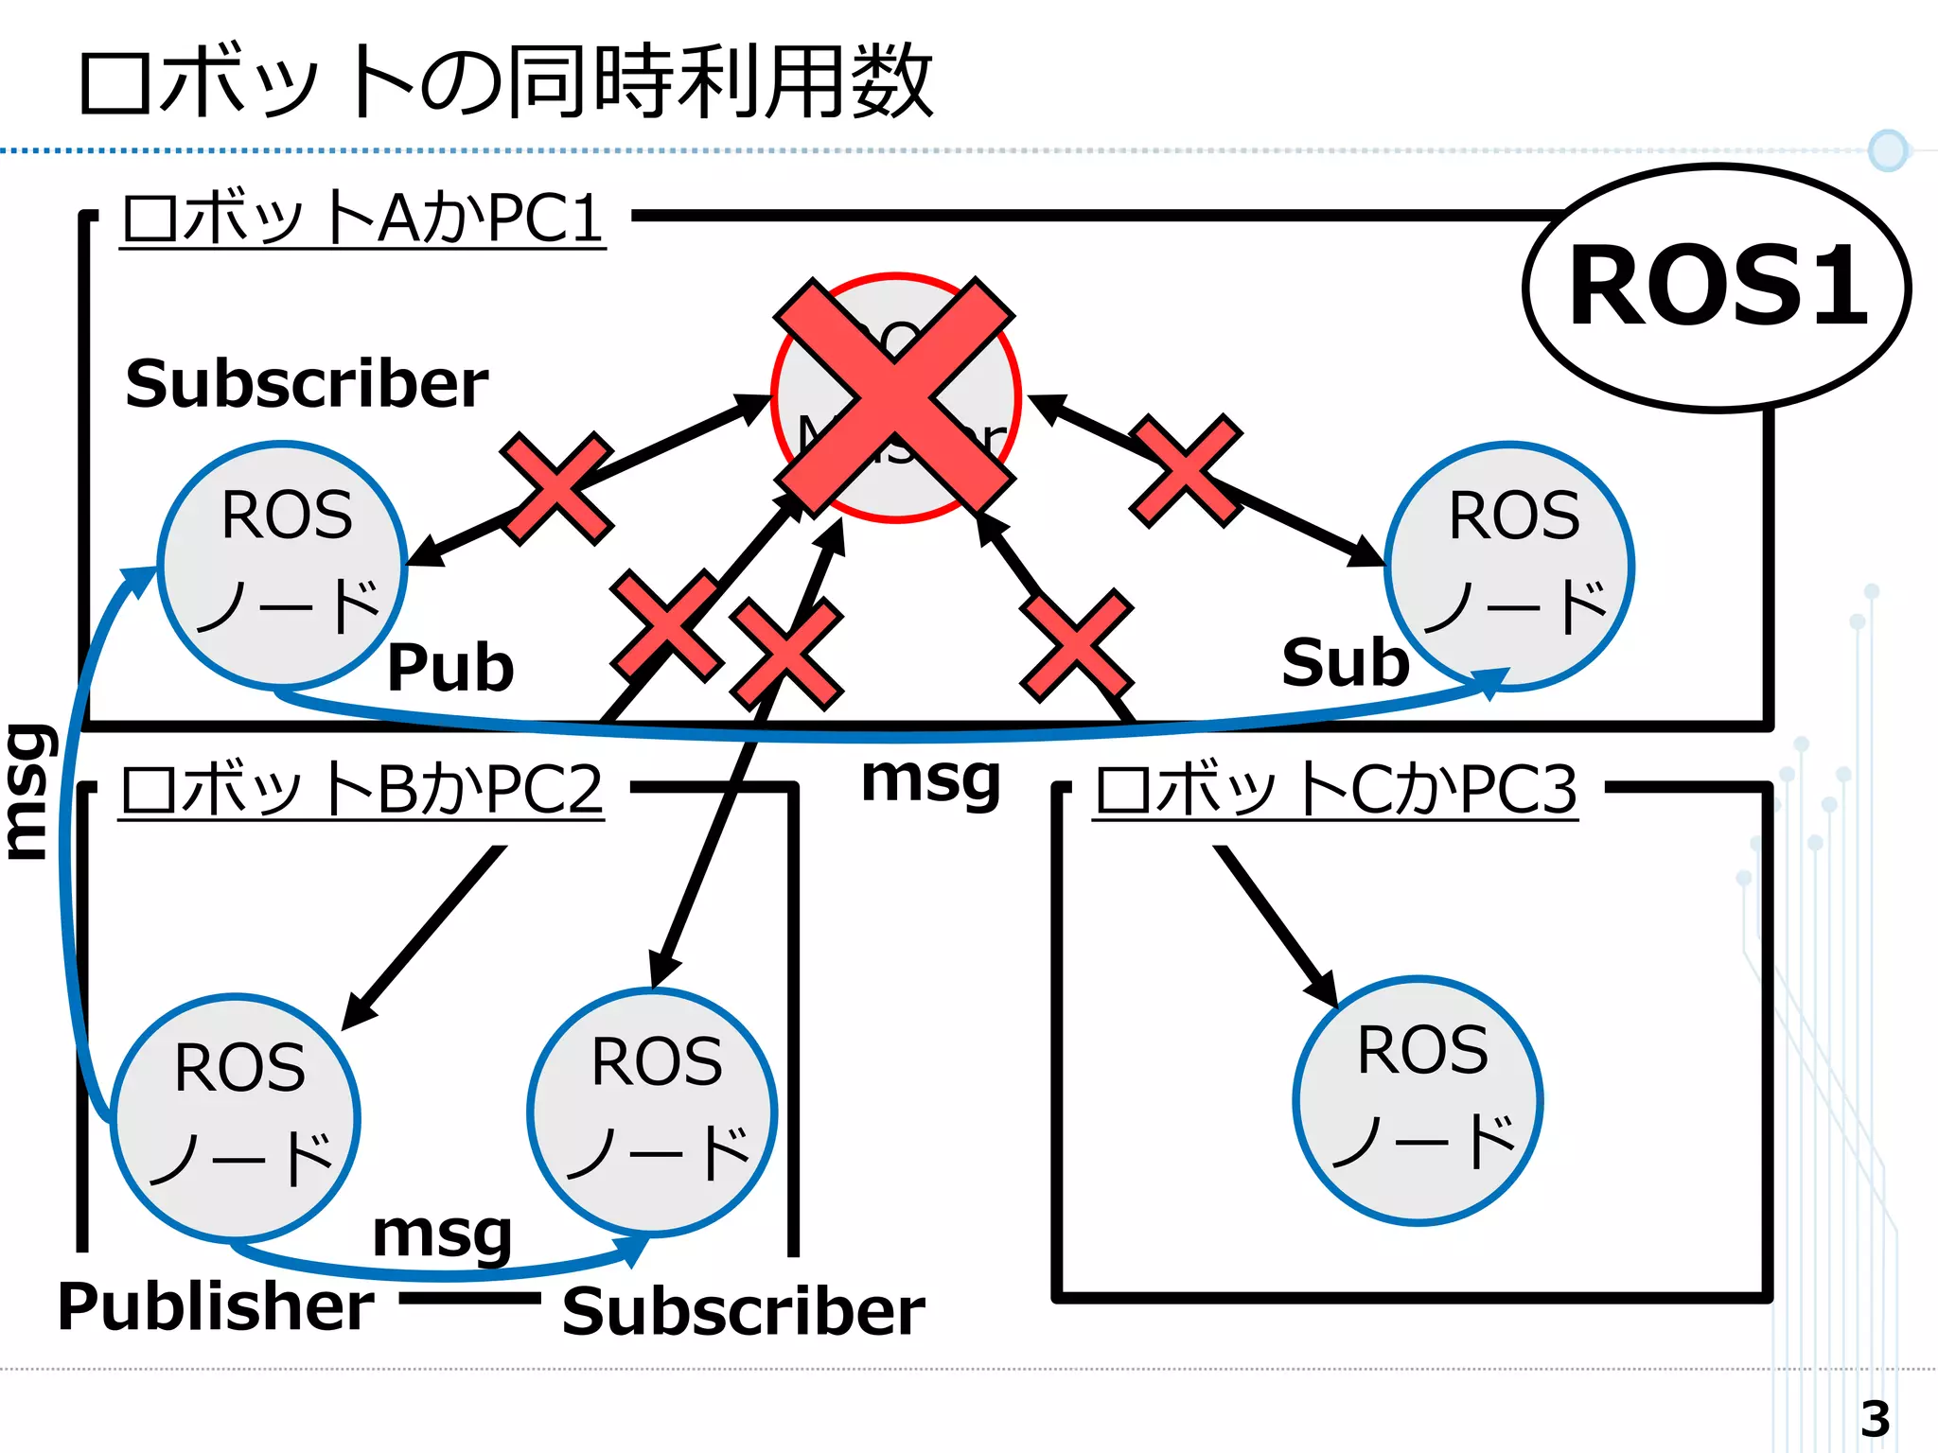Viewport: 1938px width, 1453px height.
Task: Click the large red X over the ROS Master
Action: coord(894,397)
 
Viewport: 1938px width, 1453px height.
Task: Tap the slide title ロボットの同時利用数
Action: coord(506,82)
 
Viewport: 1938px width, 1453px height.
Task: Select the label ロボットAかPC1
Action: coord(363,219)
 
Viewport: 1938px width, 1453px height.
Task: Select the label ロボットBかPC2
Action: coord(361,789)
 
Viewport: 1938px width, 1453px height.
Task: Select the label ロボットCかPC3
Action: coord(1335,789)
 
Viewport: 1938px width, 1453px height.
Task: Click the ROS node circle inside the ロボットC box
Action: coord(1418,1100)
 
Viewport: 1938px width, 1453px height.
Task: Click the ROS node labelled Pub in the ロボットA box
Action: coord(282,565)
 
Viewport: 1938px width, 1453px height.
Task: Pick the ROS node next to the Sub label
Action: coord(1508,567)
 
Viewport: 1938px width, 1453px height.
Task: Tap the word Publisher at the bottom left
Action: coord(216,1306)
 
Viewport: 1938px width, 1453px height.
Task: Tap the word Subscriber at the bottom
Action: coord(743,1312)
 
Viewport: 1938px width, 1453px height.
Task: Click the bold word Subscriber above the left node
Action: coord(307,384)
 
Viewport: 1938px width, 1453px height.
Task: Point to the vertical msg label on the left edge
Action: coord(28,792)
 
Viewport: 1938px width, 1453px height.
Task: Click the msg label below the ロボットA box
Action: coord(930,779)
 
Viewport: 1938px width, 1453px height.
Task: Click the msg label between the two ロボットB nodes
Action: coord(442,1234)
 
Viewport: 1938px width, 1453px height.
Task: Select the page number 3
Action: coord(1875,1418)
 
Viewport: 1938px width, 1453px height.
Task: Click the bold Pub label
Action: coord(450,667)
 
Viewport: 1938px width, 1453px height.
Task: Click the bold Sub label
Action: coord(1345,662)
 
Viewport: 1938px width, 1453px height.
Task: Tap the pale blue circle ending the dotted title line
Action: coord(1888,150)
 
